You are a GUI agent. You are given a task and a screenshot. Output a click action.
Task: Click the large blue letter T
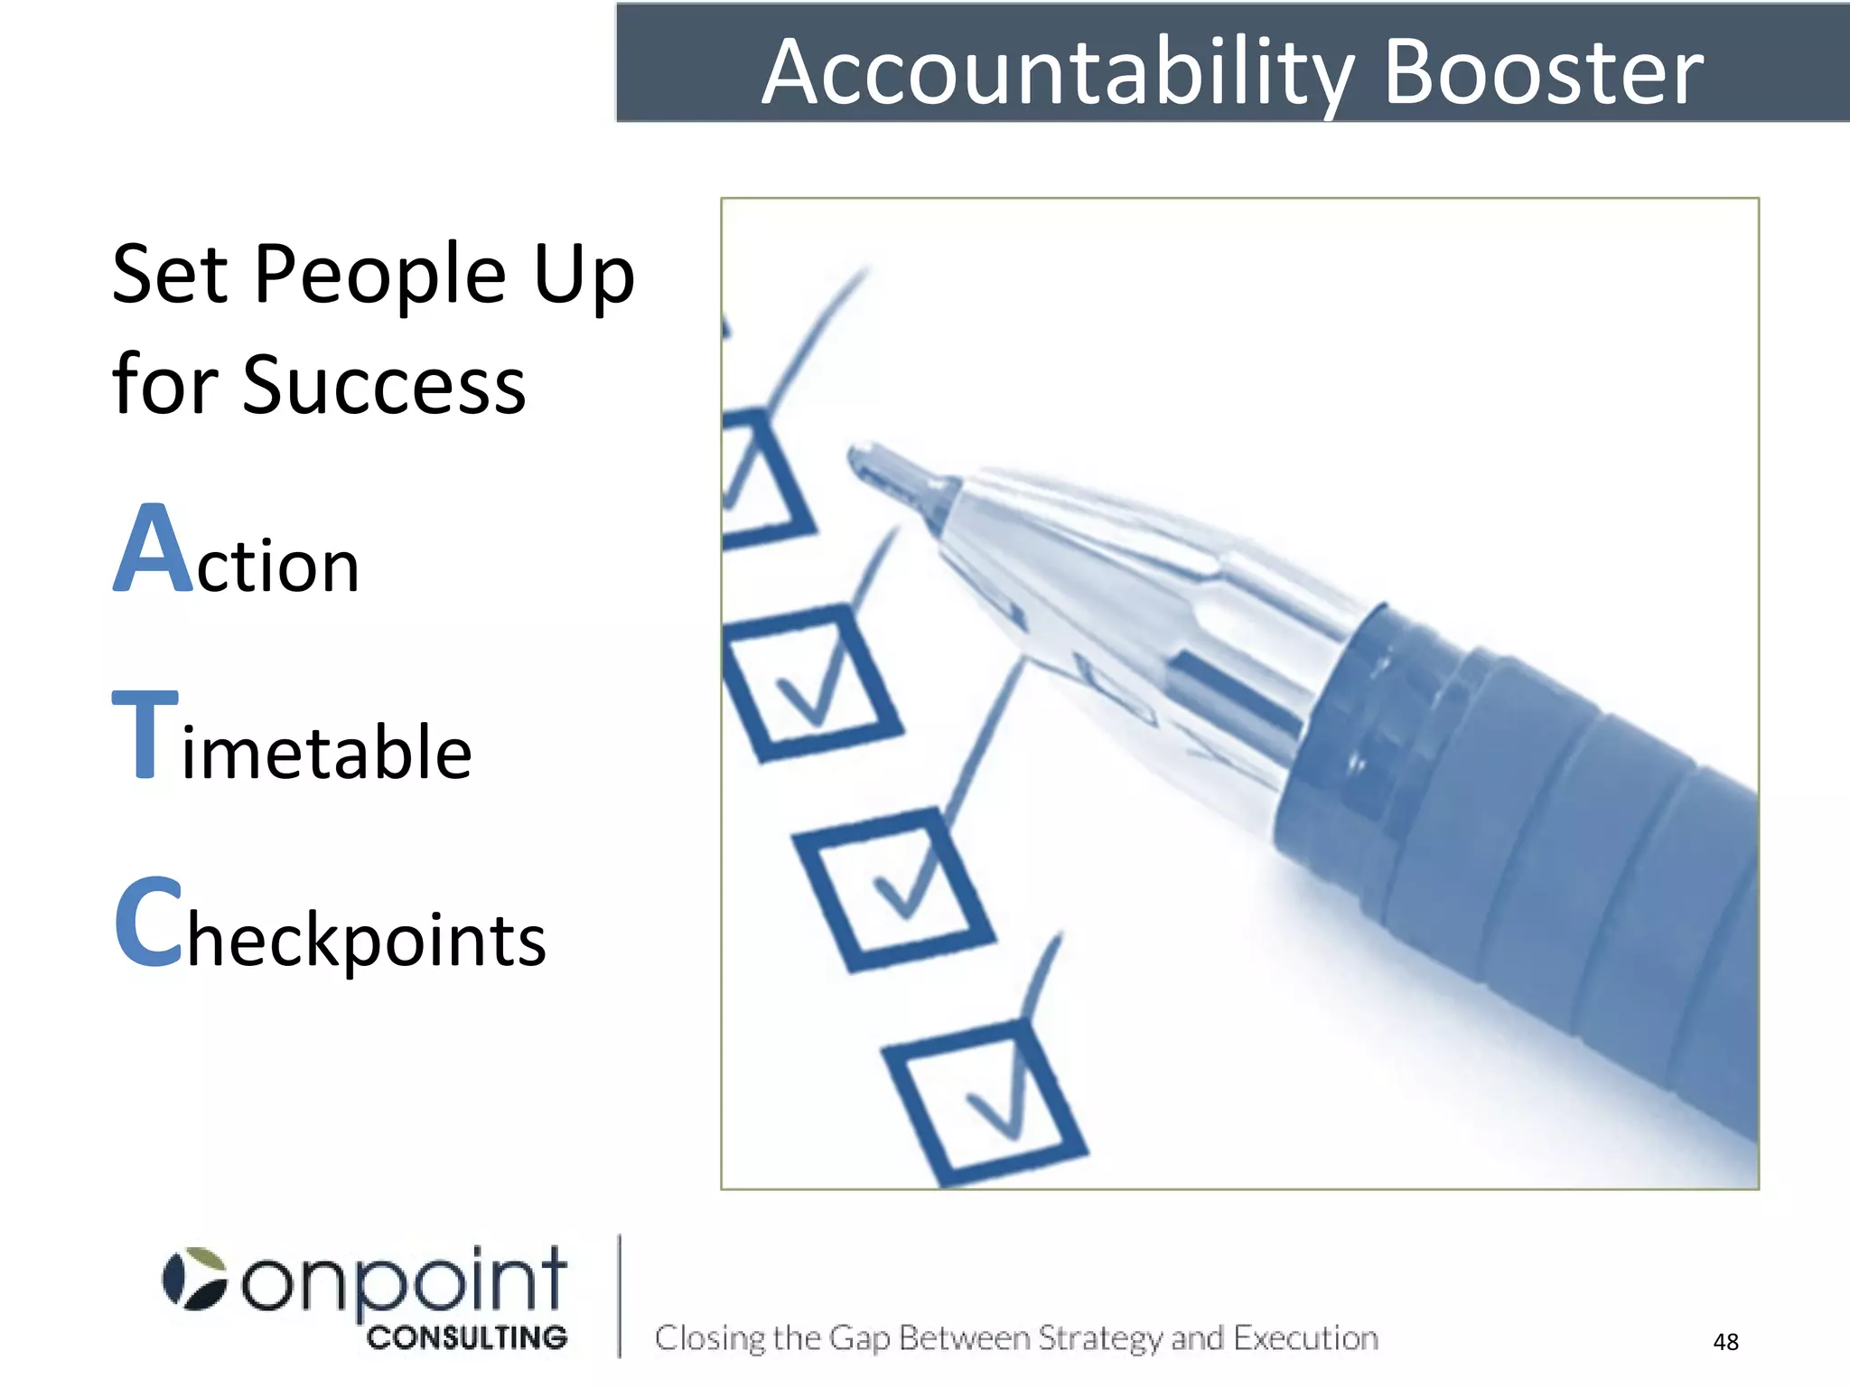[x=145, y=733]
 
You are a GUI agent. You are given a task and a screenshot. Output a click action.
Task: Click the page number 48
[x=1725, y=1341]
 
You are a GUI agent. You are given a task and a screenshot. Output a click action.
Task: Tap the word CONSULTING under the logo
[x=467, y=1337]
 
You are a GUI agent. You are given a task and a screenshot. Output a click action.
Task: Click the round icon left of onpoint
[x=194, y=1279]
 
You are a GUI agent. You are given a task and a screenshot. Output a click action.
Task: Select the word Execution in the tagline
[x=1306, y=1337]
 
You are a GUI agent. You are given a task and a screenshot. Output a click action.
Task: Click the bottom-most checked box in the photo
[x=985, y=1102]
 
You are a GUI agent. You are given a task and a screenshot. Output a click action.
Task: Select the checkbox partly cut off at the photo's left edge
[x=759, y=479]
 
